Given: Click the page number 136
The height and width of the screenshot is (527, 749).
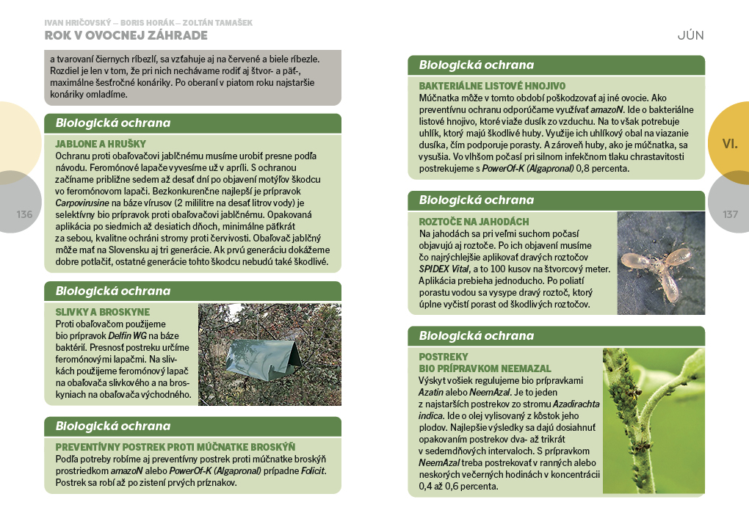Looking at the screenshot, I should [x=24, y=214].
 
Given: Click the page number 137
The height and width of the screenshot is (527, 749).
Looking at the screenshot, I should [x=730, y=214].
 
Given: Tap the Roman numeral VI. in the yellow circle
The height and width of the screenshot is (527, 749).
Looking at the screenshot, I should [x=729, y=144].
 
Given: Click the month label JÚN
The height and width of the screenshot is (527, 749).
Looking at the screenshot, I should [x=690, y=35].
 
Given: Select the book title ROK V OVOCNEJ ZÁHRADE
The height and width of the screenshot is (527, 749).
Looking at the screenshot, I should [x=126, y=35].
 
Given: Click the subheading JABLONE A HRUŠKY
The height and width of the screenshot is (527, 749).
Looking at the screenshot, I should [x=101, y=144].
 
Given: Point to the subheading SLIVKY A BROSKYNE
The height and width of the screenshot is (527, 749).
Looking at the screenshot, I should [x=103, y=312].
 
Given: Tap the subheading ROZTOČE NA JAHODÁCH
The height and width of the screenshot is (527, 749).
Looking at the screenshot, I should [x=474, y=222].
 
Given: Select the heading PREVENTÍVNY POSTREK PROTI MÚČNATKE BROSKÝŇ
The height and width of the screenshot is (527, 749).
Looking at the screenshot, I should [x=176, y=447].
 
